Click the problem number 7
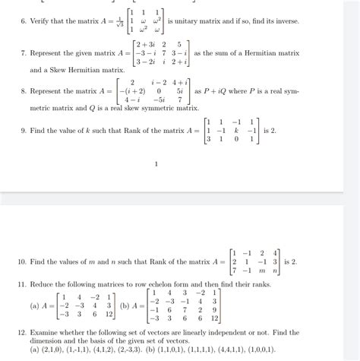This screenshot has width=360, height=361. click(23, 53)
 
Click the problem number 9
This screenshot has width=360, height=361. click(23, 130)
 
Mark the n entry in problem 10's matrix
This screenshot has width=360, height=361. click(276, 271)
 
